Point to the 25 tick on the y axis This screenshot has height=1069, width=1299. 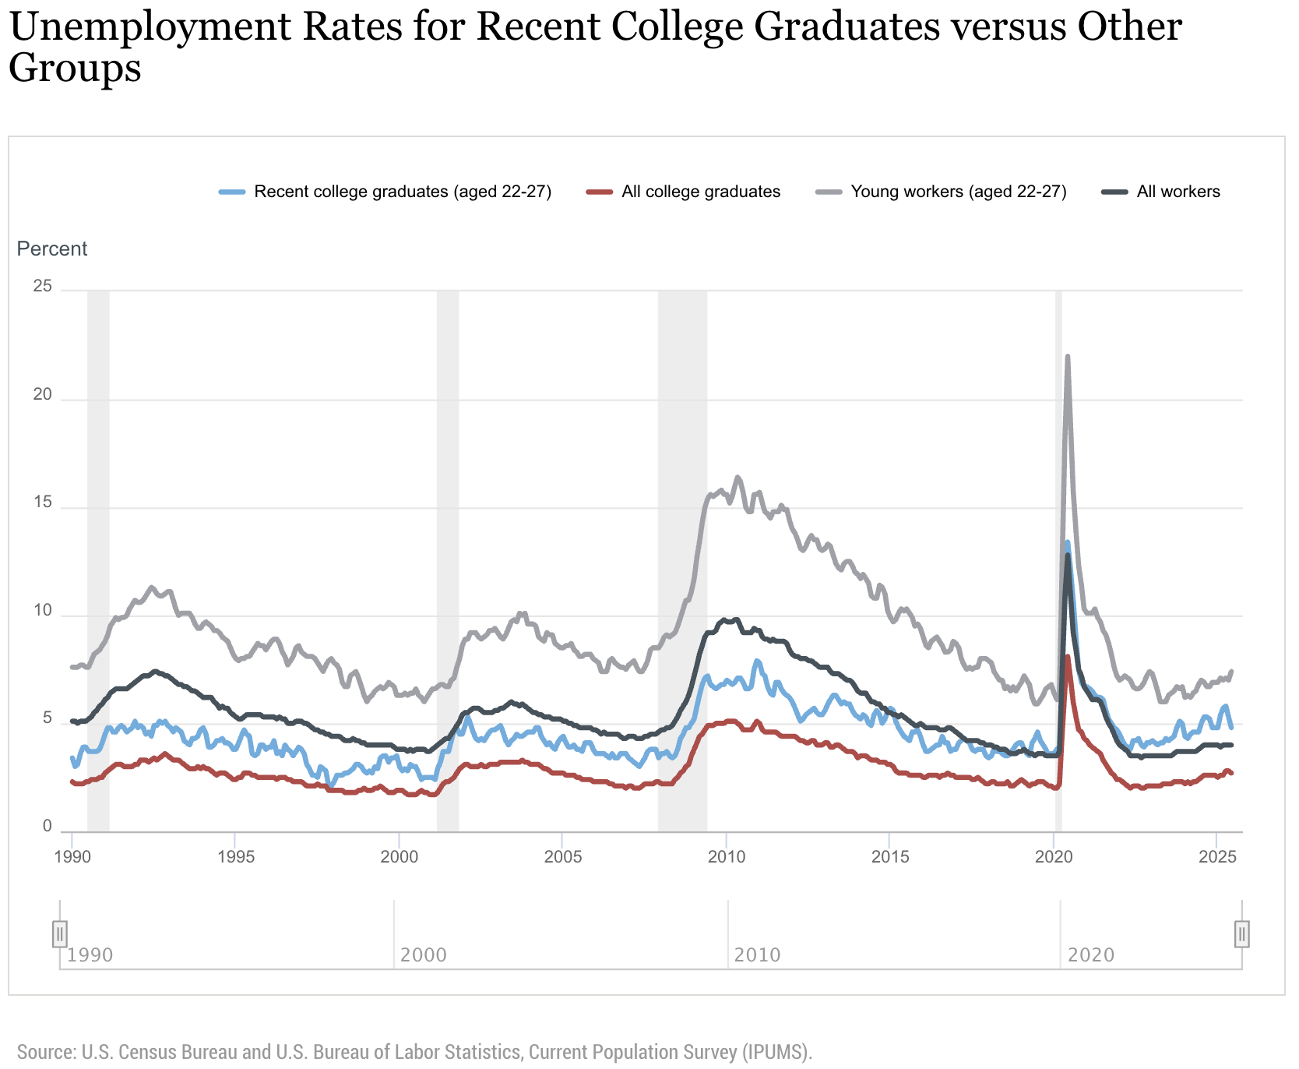click(x=42, y=287)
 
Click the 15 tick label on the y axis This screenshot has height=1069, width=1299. click(x=42, y=503)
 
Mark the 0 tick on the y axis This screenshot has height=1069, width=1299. click(x=47, y=827)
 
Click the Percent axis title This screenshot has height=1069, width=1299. click(x=52, y=249)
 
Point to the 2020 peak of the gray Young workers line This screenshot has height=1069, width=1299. click(x=1067, y=357)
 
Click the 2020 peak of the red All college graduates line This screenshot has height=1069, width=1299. click(x=1067, y=657)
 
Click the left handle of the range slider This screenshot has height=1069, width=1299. click(x=60, y=933)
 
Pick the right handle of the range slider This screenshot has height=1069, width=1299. click(x=1242, y=933)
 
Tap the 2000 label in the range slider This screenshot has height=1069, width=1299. click(x=423, y=955)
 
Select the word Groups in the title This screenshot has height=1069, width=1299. click(x=75, y=69)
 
